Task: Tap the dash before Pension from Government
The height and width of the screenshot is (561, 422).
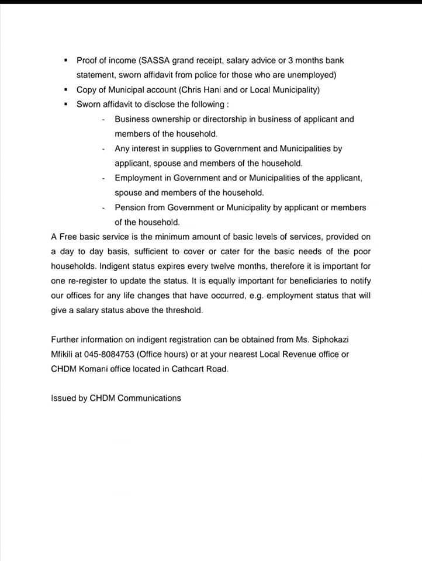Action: [x=103, y=207]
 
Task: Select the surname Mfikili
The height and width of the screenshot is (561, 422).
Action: [x=64, y=354]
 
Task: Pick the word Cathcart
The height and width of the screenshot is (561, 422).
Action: [x=192, y=369]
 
